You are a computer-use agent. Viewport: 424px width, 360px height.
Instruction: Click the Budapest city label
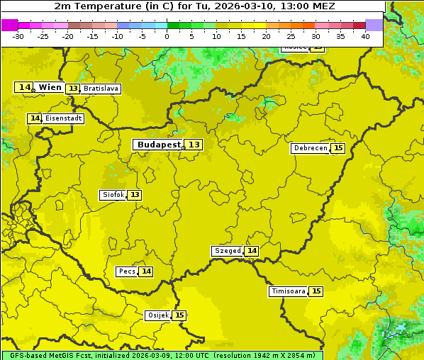pyautogui.click(x=160, y=145)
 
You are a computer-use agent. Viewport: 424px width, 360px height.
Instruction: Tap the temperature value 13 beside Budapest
pyautogui.click(x=194, y=145)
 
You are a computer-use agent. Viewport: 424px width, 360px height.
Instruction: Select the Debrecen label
pyautogui.click(x=310, y=148)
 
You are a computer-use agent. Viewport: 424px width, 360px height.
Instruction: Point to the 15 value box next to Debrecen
pyautogui.click(x=338, y=148)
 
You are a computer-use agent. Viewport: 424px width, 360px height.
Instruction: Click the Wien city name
pyautogui.click(x=50, y=87)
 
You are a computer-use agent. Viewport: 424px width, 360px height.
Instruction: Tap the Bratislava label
pyautogui.click(x=100, y=89)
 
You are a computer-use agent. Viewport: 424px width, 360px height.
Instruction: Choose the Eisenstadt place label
pyautogui.click(x=64, y=118)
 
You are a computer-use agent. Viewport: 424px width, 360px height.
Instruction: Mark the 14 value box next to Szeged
pyautogui.click(x=252, y=251)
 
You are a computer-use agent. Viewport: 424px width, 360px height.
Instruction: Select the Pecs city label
pyautogui.click(x=127, y=271)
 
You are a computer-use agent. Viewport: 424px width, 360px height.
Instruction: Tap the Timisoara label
pyautogui.click(x=288, y=291)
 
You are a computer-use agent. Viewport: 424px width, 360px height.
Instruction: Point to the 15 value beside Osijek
pyautogui.click(x=180, y=315)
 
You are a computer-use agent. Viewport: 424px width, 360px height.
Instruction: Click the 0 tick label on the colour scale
pyautogui.click(x=167, y=36)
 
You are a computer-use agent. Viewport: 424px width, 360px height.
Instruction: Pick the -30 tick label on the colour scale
pyautogui.click(x=18, y=36)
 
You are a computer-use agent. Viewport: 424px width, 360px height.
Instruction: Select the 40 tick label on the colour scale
pyautogui.click(x=365, y=36)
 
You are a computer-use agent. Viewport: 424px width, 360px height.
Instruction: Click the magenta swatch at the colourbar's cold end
pyautogui.click(x=9, y=25)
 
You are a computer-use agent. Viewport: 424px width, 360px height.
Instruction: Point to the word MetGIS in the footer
pyautogui.click(x=55, y=356)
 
